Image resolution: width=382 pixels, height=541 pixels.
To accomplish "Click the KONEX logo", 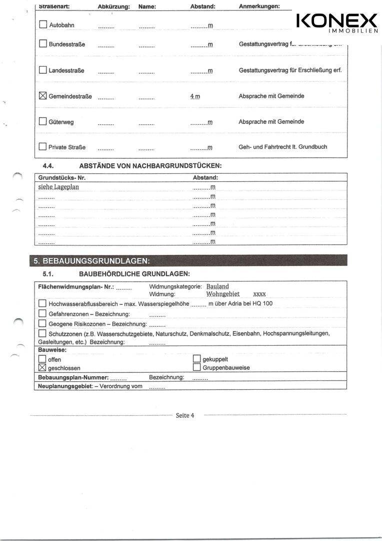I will coord(337,23).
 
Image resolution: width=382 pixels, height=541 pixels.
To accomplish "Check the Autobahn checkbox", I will coord(43,25).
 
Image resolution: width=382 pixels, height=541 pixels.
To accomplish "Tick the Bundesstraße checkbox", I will coord(43,44).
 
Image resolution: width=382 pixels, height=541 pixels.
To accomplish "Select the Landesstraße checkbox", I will coord(43,70).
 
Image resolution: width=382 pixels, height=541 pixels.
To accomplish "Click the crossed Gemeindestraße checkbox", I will coord(43,96).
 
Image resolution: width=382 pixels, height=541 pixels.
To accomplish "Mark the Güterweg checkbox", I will coord(43,121).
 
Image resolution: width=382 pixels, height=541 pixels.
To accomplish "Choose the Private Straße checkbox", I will coord(43,147).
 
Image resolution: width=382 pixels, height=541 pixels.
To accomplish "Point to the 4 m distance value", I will coord(195,96).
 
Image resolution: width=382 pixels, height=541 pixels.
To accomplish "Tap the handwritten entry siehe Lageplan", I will coord(58,187).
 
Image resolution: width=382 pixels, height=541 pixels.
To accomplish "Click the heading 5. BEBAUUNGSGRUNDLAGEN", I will coord(91,261).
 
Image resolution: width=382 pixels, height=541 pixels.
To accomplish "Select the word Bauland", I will coord(217,287).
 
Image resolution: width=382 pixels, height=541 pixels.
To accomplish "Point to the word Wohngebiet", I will coord(223,294).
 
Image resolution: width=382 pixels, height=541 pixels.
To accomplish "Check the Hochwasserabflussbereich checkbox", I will coord(42,304).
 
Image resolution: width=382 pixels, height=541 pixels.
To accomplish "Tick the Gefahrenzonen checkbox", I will coord(42,314).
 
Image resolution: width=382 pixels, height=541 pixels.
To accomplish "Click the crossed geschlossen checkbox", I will coord(42,368).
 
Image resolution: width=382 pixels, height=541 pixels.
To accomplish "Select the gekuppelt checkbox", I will coord(196,359).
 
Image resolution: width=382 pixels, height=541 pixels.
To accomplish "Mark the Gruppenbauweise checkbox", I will coord(196,368).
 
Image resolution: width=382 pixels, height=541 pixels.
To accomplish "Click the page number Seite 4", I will coord(185,415).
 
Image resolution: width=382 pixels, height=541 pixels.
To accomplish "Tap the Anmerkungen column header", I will coord(259,7).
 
